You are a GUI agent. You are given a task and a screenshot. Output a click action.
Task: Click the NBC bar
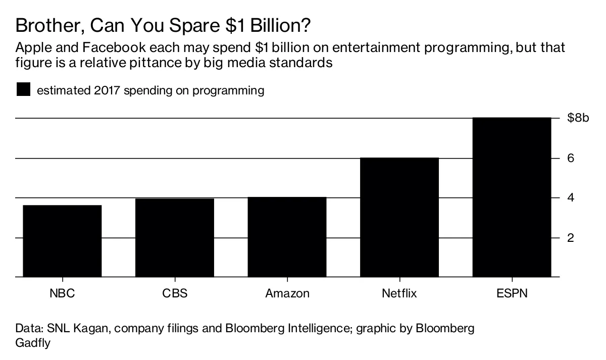click(x=63, y=241)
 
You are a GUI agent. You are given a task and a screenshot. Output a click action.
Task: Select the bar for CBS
click(x=175, y=238)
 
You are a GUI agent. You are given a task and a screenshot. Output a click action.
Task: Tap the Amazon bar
click(x=287, y=237)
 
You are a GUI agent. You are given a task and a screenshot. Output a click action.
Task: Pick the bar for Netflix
click(x=399, y=217)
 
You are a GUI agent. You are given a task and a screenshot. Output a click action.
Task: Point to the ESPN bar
click(x=512, y=197)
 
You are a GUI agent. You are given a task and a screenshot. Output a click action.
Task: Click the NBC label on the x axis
click(x=63, y=293)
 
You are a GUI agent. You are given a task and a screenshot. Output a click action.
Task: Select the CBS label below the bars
click(x=175, y=293)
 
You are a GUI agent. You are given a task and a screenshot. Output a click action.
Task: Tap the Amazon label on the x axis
click(x=287, y=293)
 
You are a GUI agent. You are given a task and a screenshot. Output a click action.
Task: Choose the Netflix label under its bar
click(x=399, y=293)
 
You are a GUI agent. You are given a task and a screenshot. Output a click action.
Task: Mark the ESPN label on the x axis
click(x=512, y=293)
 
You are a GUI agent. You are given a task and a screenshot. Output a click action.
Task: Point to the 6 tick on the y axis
click(x=571, y=158)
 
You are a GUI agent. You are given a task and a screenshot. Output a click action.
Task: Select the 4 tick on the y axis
click(x=571, y=197)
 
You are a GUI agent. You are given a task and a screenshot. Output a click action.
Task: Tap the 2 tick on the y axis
click(x=571, y=237)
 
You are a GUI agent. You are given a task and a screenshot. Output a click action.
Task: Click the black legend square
click(x=23, y=90)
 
